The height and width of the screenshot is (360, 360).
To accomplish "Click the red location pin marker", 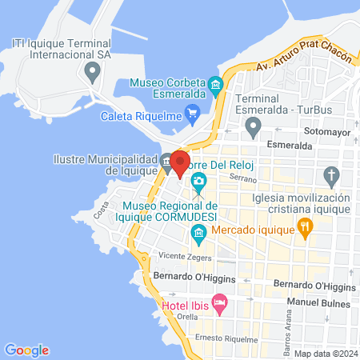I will pyautogui.click(x=179, y=164).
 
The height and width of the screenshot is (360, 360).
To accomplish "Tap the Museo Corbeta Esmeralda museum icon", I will pyautogui.click(x=214, y=86).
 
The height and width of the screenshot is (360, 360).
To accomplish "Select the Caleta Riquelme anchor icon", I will pyautogui.click(x=192, y=112).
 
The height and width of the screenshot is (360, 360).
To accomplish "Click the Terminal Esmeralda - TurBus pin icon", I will pyautogui.click(x=253, y=126).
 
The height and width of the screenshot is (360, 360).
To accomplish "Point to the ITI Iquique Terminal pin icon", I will pyautogui.click(x=93, y=73).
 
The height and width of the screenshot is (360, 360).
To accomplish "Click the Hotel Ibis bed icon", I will pyautogui.click(x=221, y=302).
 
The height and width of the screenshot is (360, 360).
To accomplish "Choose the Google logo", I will pyautogui.click(x=26, y=350).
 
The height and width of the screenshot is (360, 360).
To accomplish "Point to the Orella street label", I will pyautogui.click(x=187, y=316).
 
